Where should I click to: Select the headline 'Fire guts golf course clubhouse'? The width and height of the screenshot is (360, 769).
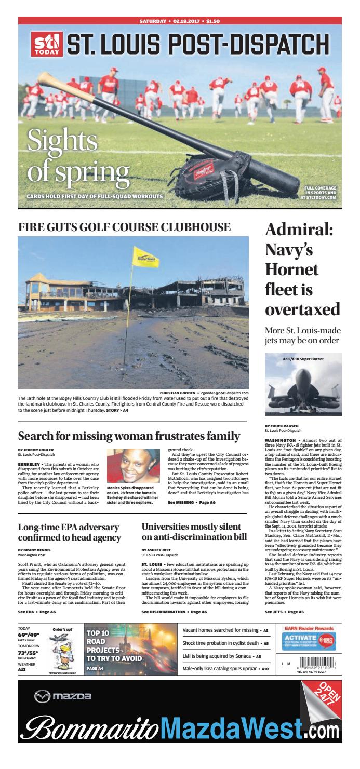click(125, 227)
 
